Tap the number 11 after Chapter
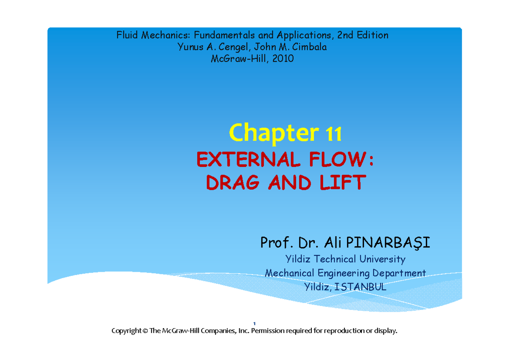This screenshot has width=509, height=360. (x=333, y=134)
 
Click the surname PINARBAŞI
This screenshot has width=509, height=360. (x=388, y=243)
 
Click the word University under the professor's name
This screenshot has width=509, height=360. (x=382, y=259)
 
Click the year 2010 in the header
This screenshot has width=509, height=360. (x=282, y=59)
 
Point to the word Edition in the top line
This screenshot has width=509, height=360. (x=372, y=35)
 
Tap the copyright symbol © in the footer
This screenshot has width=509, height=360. (x=145, y=331)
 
